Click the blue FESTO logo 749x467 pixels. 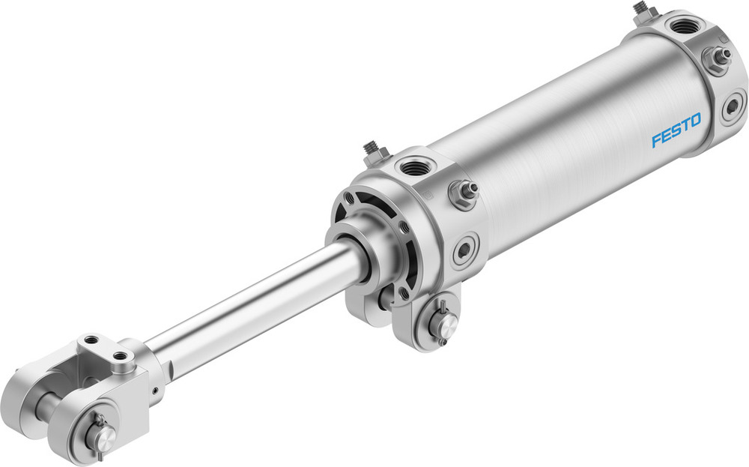click(676, 129)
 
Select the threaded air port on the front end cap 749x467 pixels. click(413, 166)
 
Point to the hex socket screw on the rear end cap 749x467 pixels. click(733, 106)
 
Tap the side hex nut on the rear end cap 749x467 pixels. click(717, 58)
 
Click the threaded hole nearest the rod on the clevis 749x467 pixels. click(120, 355)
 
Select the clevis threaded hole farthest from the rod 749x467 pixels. click(91, 341)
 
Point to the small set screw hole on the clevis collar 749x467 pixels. click(154, 391)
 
